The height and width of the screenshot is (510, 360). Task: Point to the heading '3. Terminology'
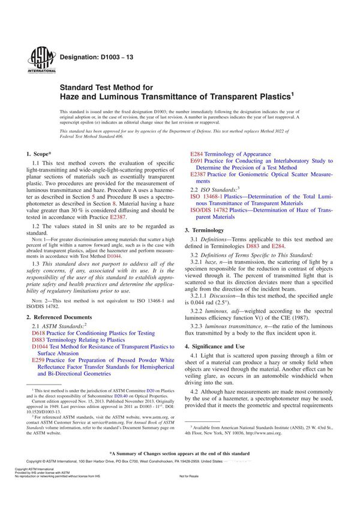206,230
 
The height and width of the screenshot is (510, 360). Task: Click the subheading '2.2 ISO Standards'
214,188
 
